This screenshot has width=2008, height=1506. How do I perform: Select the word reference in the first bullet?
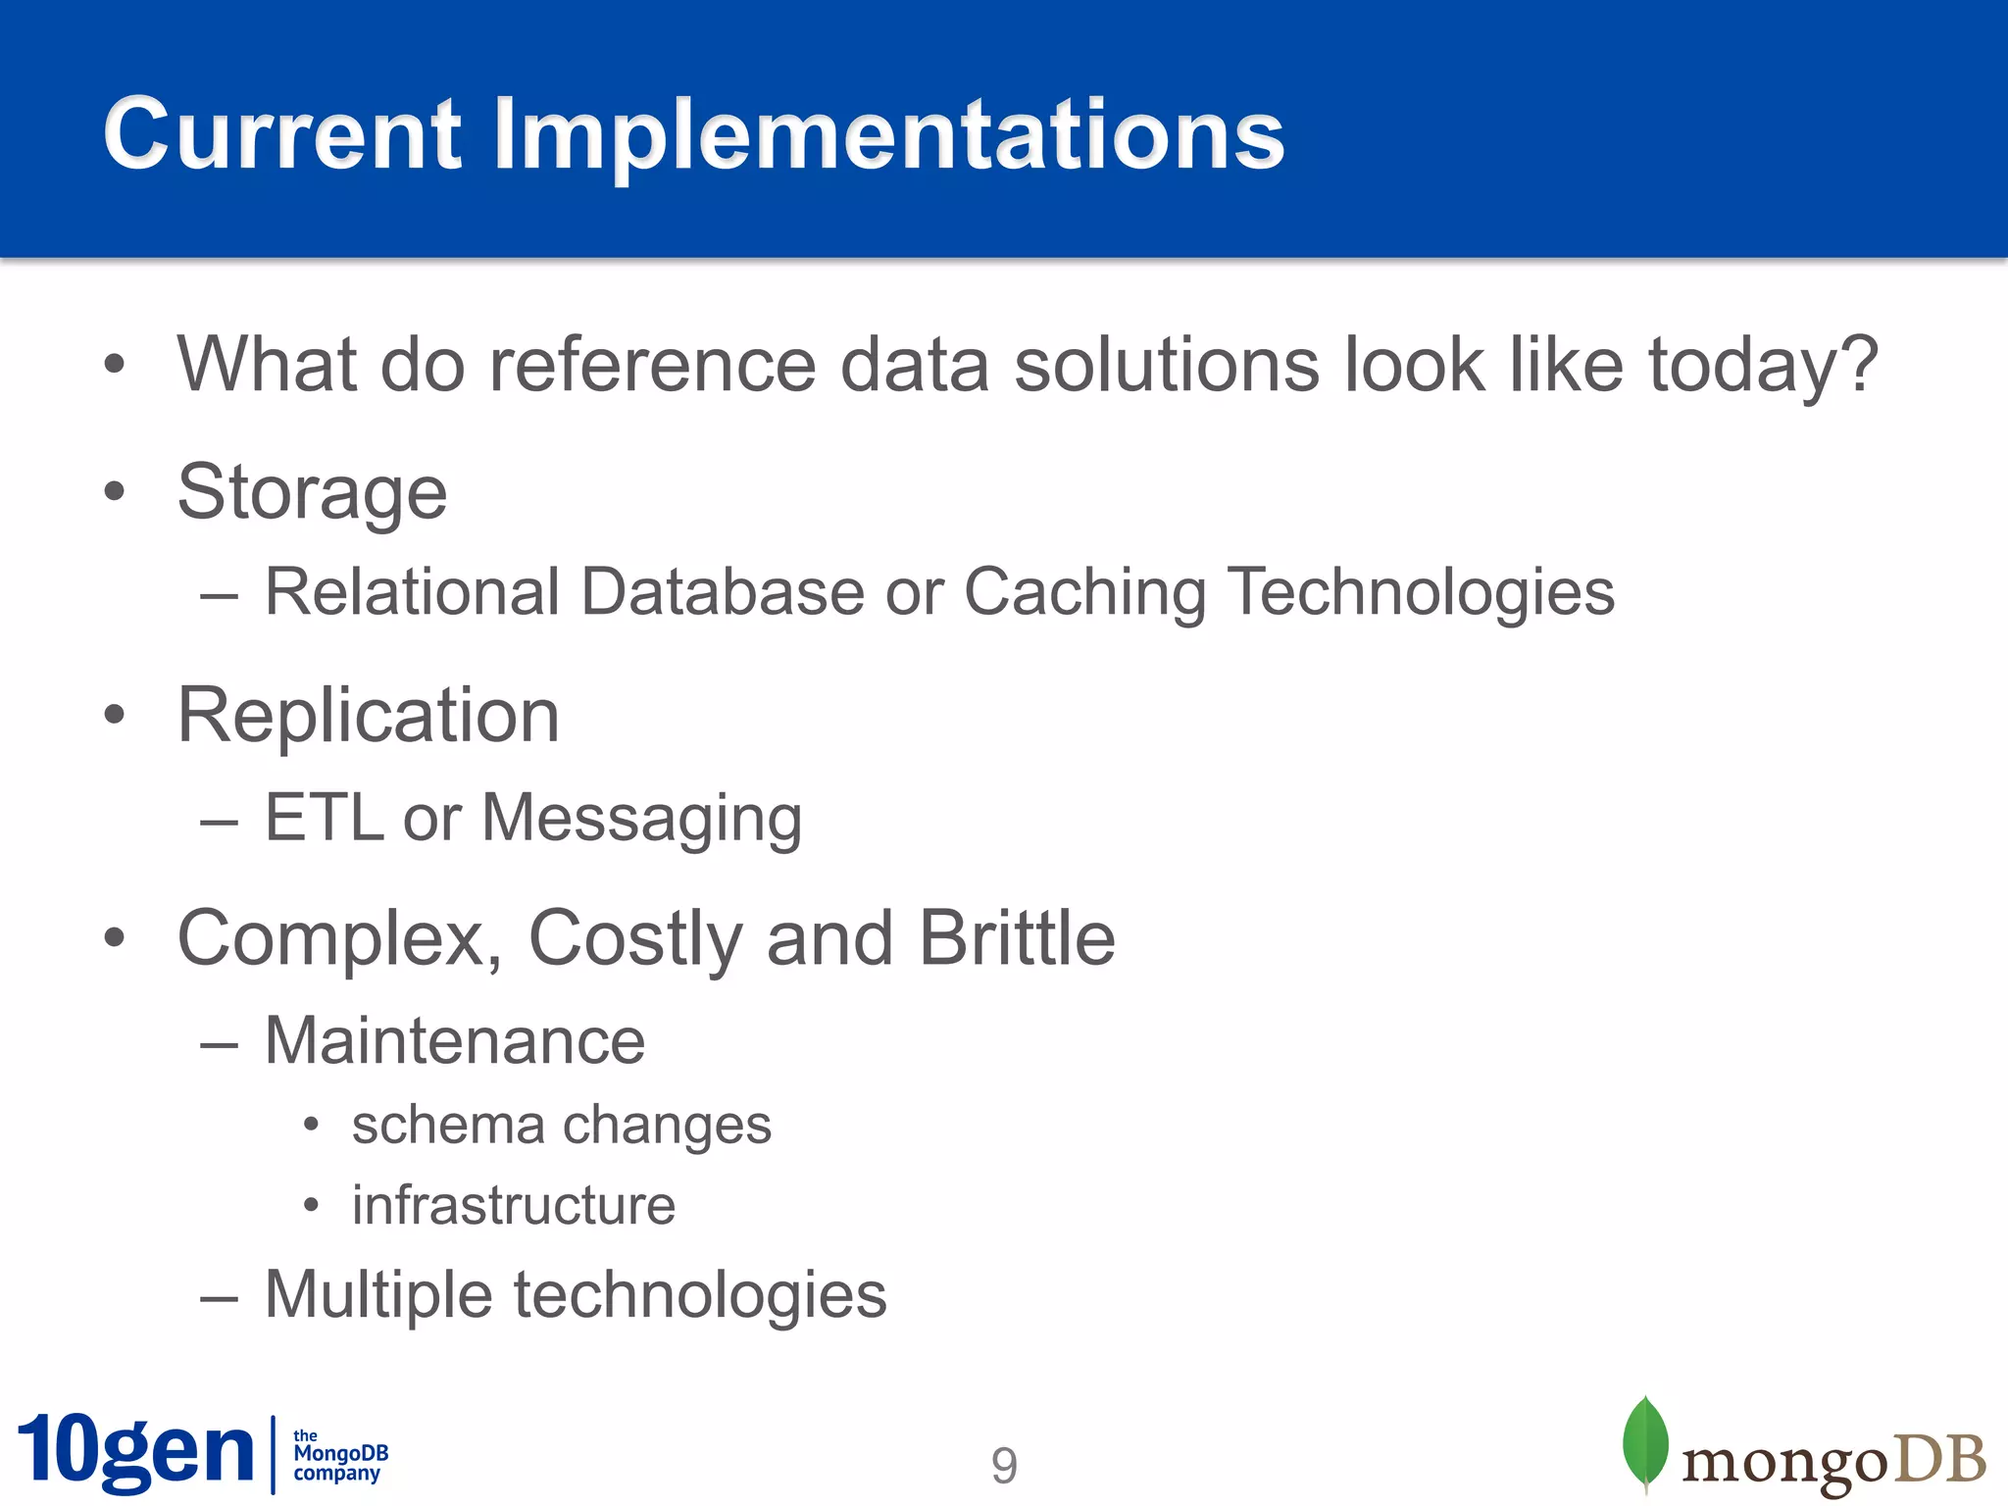[x=651, y=365]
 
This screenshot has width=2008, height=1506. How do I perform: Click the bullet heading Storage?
[x=312, y=493]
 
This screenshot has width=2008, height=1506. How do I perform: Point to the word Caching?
[x=1084, y=593]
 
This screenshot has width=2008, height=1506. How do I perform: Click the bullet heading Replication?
[x=368, y=716]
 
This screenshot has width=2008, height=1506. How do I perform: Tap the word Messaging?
[x=641, y=820]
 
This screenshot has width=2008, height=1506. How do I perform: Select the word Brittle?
[x=1017, y=938]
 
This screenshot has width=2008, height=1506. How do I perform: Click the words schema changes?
[x=561, y=1126]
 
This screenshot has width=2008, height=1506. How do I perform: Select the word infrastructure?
[x=514, y=1205]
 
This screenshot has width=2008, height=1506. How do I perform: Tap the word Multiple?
[x=377, y=1296]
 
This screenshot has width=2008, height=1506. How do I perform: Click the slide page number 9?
[x=1004, y=1466]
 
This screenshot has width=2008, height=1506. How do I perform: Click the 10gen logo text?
[x=136, y=1452]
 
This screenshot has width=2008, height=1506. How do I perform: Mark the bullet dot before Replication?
[x=115, y=716]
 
